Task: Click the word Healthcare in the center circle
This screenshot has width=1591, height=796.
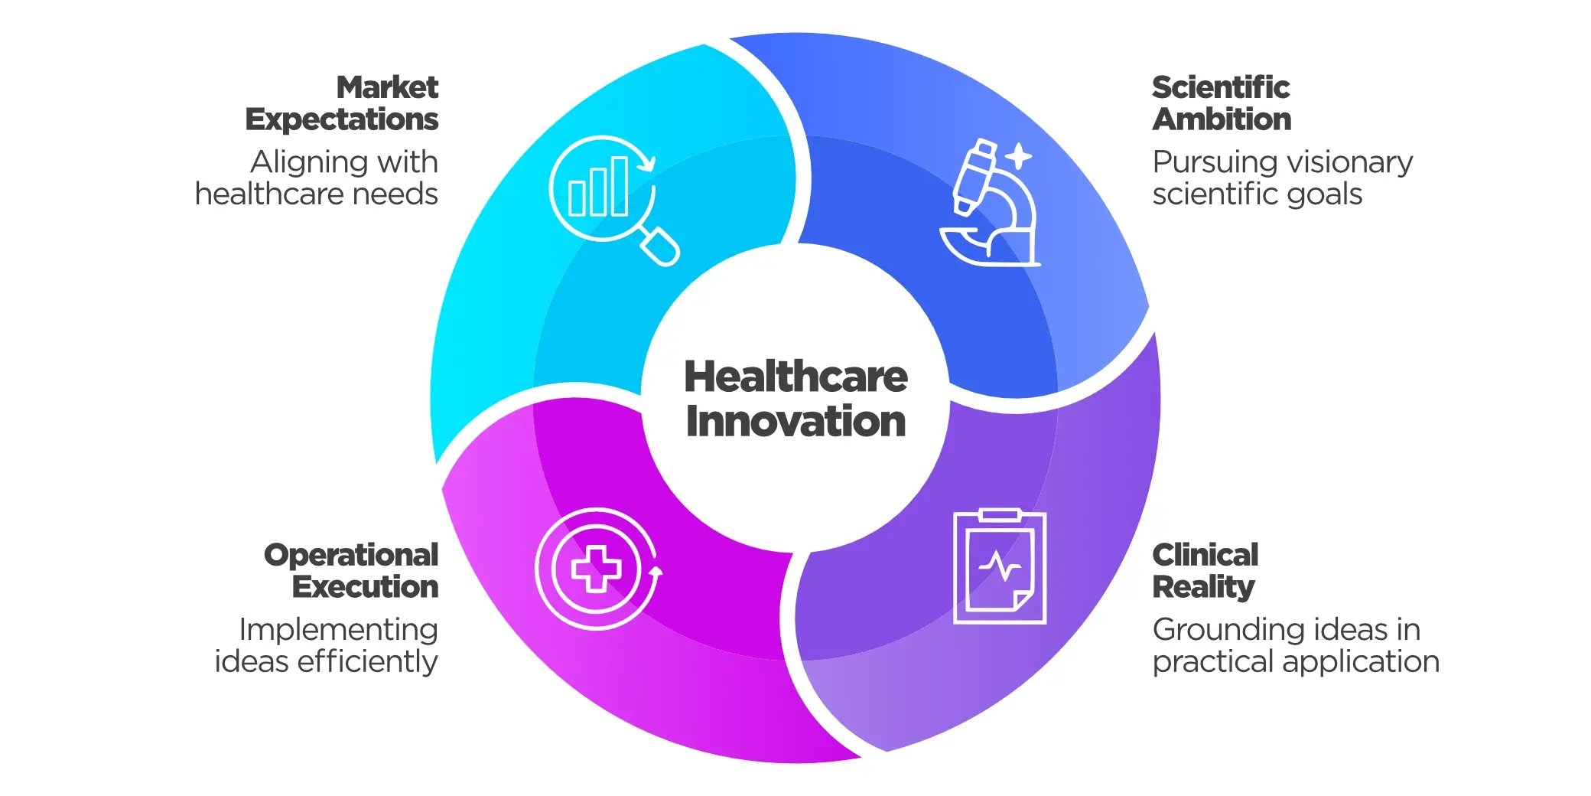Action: (x=795, y=377)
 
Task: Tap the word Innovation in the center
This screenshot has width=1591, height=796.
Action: (x=795, y=422)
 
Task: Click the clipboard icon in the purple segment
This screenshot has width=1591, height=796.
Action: (x=1000, y=566)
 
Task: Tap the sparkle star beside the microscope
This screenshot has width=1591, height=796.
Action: (x=1018, y=156)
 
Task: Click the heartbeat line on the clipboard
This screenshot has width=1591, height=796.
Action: (x=999, y=567)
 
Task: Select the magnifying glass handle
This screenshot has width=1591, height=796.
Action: (x=659, y=246)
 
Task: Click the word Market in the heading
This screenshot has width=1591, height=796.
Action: (x=387, y=87)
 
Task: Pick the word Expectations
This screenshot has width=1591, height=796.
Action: (x=342, y=120)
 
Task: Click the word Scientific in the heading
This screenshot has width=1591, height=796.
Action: (x=1221, y=87)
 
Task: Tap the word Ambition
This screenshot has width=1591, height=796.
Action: (x=1222, y=119)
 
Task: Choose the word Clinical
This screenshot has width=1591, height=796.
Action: (x=1205, y=555)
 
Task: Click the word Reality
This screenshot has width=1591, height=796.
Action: (x=1203, y=588)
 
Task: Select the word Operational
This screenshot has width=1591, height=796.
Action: (x=351, y=556)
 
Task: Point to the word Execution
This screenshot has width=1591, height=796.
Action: (x=365, y=587)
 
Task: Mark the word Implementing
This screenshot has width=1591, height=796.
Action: (x=339, y=631)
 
